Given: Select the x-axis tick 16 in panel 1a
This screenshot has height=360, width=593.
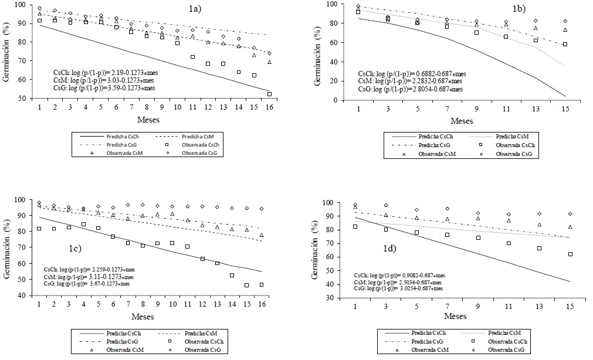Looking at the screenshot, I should [x=269, y=108].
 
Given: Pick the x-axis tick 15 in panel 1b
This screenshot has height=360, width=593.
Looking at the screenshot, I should [x=565, y=110].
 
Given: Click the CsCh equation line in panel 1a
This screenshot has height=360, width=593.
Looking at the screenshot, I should [x=103, y=72].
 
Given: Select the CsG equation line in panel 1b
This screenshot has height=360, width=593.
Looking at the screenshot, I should [x=411, y=89].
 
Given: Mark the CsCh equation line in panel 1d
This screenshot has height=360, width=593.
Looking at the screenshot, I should [x=399, y=274].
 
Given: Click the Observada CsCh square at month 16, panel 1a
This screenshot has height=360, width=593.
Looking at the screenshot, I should [x=269, y=94].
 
